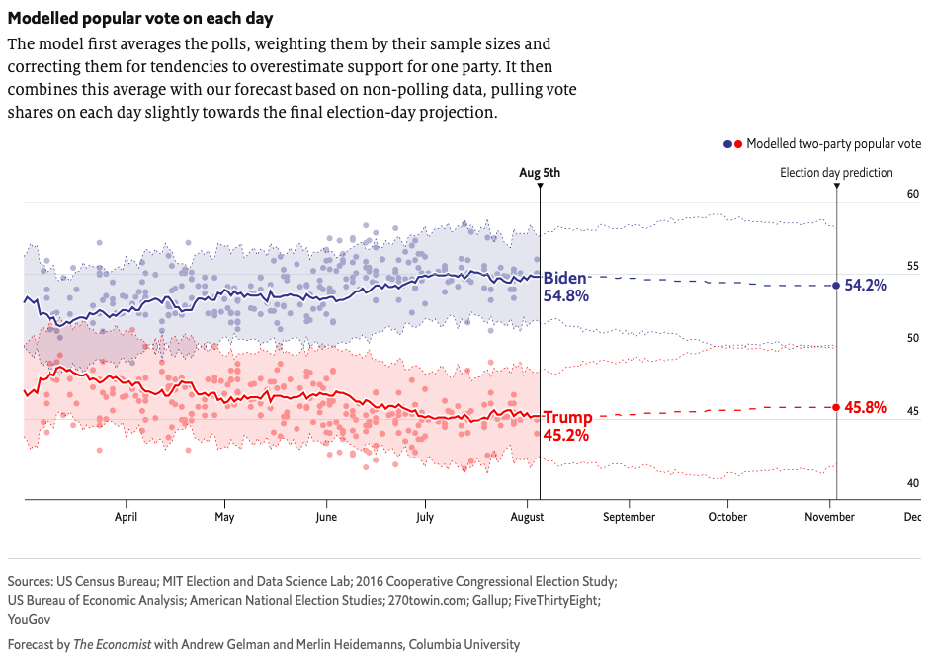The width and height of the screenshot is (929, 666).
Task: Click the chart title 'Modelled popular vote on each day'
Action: (140, 19)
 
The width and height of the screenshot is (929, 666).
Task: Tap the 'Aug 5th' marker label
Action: (540, 173)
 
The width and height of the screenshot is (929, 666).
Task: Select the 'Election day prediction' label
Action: (836, 173)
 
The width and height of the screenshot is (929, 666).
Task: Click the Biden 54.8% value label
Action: (566, 287)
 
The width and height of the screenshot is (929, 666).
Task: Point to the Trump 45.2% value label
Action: (567, 426)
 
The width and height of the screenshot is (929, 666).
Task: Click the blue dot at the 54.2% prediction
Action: (837, 286)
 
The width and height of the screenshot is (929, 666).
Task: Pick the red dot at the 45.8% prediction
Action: (837, 407)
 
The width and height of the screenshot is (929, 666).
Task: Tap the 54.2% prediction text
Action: (866, 286)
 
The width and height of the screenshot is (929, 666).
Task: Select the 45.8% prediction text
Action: (866, 407)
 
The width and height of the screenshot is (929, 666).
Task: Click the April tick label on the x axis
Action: (126, 517)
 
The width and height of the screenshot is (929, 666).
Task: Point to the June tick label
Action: (325, 517)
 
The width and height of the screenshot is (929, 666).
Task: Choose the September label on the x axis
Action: (629, 517)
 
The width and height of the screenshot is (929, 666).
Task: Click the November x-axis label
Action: (828, 517)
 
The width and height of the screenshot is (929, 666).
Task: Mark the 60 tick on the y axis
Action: (913, 194)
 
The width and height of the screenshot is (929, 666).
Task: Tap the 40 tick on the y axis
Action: (913, 483)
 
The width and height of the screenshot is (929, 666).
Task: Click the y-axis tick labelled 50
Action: (913, 338)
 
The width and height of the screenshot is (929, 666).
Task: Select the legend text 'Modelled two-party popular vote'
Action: (833, 144)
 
